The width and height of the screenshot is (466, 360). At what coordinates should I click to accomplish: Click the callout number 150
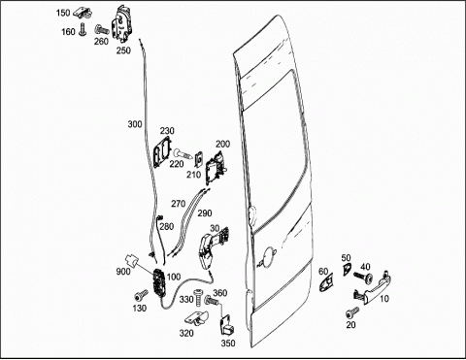point(63,13)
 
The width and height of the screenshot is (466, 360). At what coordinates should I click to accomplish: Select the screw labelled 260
point(102,30)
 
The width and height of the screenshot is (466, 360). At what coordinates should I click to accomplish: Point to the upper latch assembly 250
point(121,23)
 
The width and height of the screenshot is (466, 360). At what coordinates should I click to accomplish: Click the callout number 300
point(135,124)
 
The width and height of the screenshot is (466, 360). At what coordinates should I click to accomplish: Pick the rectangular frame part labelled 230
point(163,151)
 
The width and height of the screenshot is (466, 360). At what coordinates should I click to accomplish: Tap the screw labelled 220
point(183,152)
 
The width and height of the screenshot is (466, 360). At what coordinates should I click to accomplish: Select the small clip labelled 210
point(199,159)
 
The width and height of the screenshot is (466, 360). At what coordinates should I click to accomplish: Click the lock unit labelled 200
point(216,168)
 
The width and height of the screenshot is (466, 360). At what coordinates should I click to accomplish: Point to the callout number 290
point(205,213)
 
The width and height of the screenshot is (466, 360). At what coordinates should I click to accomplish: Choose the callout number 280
point(167,226)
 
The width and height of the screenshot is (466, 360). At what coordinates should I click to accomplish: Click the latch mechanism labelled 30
point(212,248)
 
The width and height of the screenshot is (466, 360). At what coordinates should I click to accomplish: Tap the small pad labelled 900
point(131,260)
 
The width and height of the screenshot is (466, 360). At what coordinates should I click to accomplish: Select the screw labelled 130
point(141,295)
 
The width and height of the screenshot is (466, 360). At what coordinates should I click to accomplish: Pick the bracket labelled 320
point(197,318)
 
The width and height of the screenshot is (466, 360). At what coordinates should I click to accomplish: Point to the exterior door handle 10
point(373,288)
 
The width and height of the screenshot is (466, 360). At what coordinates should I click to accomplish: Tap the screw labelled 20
point(352,312)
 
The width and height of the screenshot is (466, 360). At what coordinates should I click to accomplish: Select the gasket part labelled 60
point(327,282)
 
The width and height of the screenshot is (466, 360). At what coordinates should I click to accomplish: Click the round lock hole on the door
point(268,257)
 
